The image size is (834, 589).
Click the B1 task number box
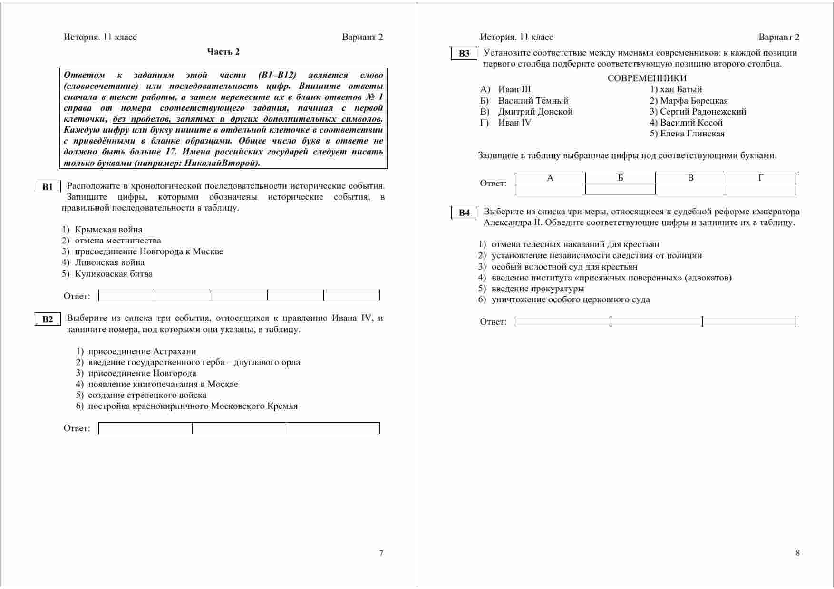[48, 187]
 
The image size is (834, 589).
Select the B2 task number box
[48, 319]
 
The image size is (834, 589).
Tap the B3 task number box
[464, 54]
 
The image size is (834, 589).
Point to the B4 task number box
[464, 213]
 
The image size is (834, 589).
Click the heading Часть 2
[223, 52]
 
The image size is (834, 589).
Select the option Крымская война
[108, 230]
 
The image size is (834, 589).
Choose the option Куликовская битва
[114, 274]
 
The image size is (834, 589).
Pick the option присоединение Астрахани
[142, 351]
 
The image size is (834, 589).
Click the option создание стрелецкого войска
[147, 395]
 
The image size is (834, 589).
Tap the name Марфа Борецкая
[694, 101]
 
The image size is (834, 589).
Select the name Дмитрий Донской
[535, 112]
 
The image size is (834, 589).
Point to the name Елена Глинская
[692, 134]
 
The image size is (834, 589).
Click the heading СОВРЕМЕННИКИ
[647, 78]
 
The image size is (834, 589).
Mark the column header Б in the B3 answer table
[620, 178]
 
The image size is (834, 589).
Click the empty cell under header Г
[760, 189]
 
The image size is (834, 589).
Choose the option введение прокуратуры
[537, 289]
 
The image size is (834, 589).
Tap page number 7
[381, 553]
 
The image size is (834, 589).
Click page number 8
[797, 553]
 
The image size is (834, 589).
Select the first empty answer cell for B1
[126, 296]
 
